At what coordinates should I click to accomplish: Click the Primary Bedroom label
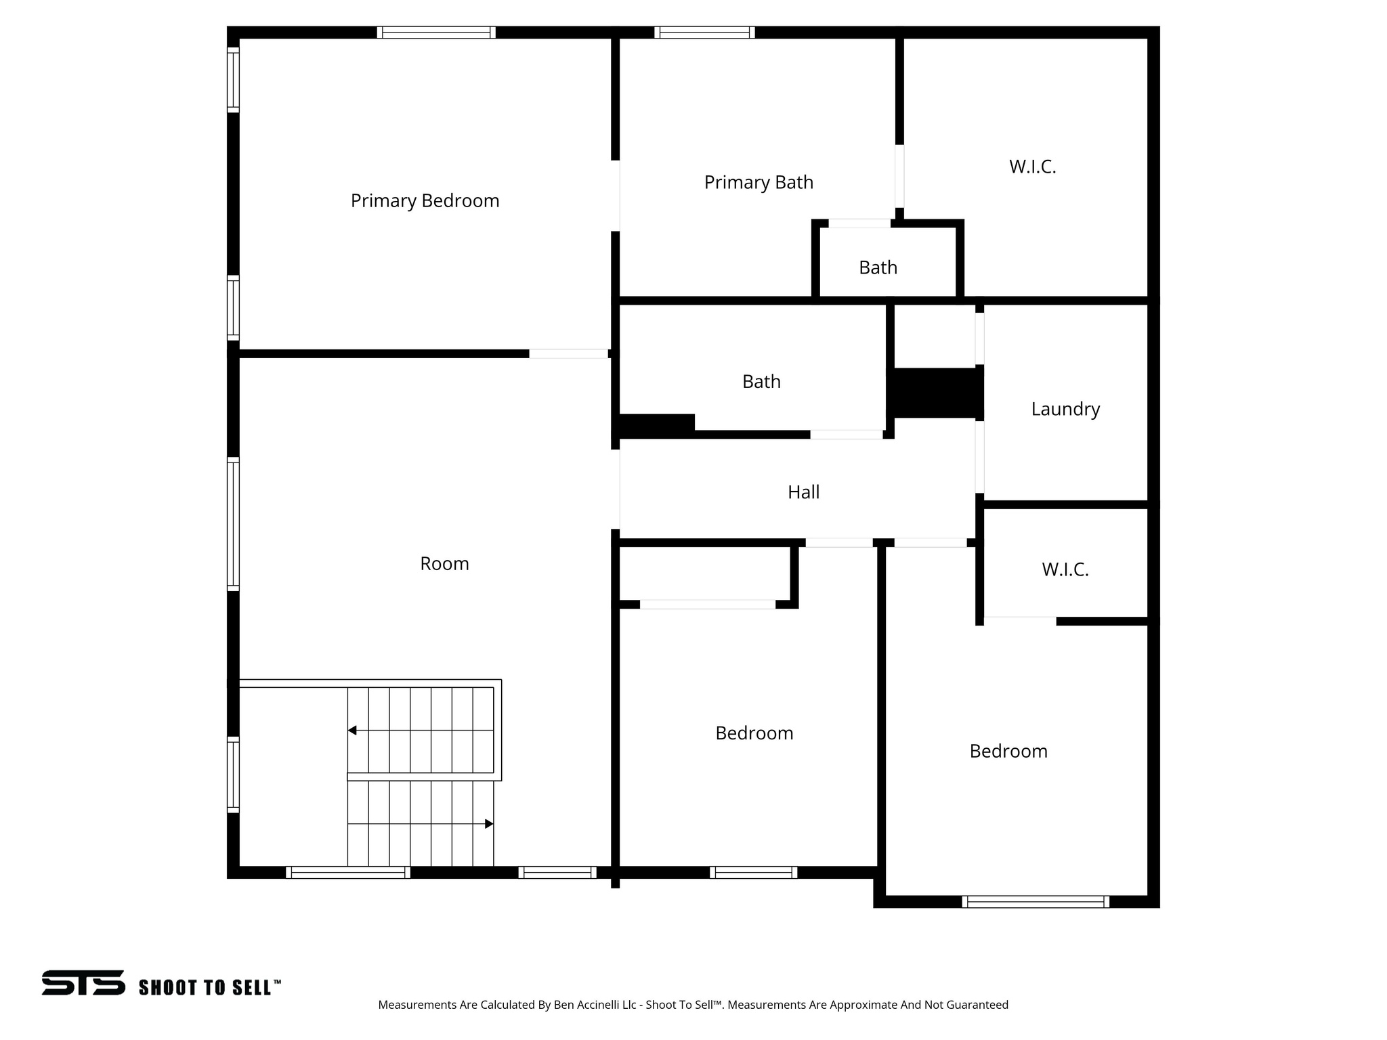coord(425,201)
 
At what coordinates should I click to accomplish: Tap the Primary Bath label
coord(759,183)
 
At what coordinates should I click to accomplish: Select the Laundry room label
coord(1065,409)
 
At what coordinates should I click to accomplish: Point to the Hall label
coord(803,492)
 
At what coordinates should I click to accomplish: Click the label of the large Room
coord(444,564)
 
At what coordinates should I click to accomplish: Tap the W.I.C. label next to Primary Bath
coord(1032,167)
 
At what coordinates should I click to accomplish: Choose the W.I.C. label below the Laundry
coord(1065,569)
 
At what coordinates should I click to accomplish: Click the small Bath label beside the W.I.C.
coord(878,268)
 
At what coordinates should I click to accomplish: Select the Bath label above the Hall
coord(761,382)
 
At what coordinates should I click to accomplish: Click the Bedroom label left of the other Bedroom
coord(754,733)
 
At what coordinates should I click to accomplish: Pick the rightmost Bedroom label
coord(1008,752)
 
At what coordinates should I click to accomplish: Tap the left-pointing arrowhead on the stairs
coord(352,731)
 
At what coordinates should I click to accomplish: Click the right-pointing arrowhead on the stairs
coord(489,824)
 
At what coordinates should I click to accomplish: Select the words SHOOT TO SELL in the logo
coord(209,988)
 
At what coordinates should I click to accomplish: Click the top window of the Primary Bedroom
coord(436,32)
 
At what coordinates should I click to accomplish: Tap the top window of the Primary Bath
coord(704,32)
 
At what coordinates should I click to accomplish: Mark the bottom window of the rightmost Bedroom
coord(1035,901)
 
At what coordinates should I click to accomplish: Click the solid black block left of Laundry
coord(935,393)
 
